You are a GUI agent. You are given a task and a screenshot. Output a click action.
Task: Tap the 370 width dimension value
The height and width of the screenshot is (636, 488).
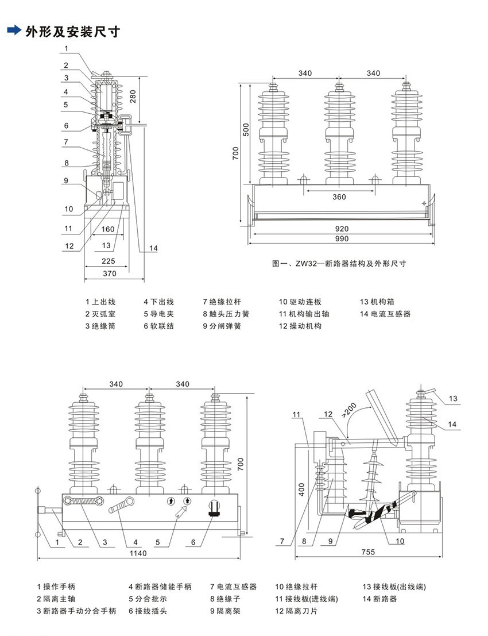(109, 273)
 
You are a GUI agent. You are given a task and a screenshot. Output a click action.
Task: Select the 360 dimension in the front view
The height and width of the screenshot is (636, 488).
(339, 197)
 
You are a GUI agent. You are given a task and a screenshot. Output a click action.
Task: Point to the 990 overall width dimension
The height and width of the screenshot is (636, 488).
(342, 238)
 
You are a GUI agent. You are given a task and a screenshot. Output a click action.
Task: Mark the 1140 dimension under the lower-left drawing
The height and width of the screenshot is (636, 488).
(138, 553)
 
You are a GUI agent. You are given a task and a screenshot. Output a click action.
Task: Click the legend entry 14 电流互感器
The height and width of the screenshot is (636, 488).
(385, 314)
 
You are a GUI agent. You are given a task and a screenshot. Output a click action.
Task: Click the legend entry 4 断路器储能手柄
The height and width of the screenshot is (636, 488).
(160, 587)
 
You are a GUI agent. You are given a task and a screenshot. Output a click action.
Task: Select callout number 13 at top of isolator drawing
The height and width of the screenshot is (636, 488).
(453, 398)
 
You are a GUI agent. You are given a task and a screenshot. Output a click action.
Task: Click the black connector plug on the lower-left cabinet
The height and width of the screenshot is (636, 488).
(214, 508)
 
